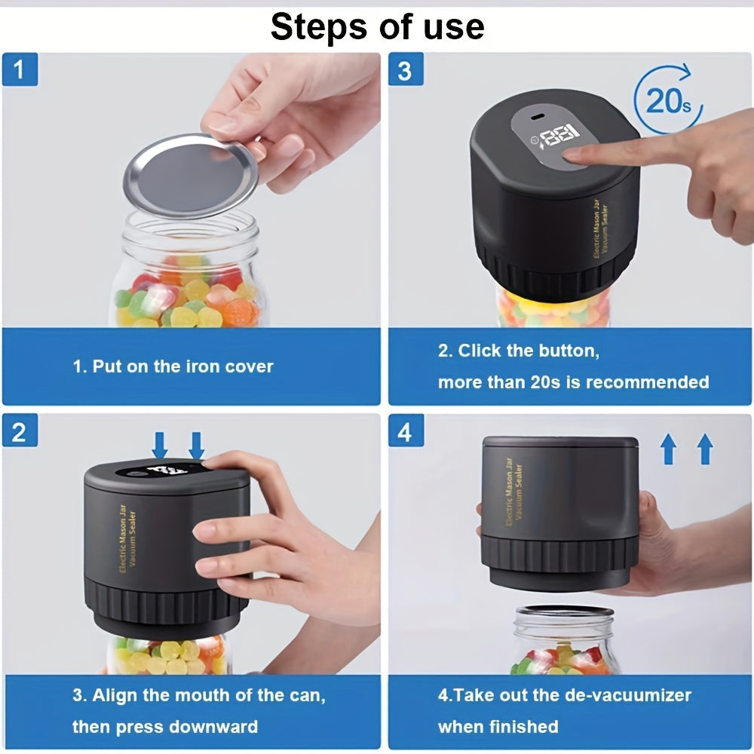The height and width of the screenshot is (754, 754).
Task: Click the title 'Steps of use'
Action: point(377,27)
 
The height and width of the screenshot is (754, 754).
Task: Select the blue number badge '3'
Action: point(405,72)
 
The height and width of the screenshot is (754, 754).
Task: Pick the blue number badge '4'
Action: point(405,432)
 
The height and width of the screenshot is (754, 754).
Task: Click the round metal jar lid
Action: point(190,176)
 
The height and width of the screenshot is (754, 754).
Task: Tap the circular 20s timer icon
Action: point(667,100)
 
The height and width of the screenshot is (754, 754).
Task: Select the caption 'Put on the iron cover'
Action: point(173,367)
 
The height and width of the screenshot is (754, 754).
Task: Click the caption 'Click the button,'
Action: point(518,351)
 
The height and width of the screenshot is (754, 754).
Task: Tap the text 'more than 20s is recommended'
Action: point(573,382)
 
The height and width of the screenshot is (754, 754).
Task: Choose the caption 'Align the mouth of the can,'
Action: point(199,695)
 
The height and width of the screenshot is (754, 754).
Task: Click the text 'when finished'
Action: point(498,727)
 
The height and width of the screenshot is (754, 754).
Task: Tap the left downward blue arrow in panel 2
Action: point(160,445)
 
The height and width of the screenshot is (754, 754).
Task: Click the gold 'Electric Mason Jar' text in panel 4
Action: point(510,493)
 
